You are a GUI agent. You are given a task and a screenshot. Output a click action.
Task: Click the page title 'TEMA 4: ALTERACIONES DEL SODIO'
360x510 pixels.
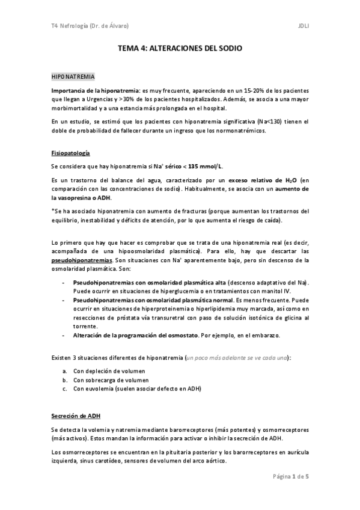[x=180, y=52]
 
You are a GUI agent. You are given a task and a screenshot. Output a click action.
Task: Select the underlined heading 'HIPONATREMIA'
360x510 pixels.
[x=72, y=78]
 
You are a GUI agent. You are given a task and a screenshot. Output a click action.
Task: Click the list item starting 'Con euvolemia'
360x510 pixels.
[x=137, y=389]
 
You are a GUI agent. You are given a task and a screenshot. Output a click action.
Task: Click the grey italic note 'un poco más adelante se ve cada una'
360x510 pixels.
[x=236, y=357]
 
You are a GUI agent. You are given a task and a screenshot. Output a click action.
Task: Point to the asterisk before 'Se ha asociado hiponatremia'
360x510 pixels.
[x=53, y=210]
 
